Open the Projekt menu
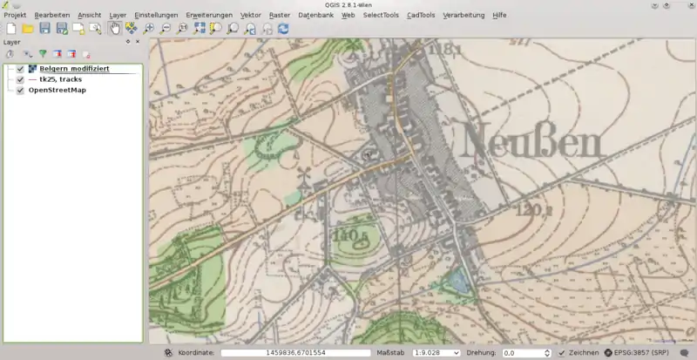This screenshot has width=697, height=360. tap(15, 16)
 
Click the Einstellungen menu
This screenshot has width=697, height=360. tap(156, 16)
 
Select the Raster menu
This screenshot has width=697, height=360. tap(280, 16)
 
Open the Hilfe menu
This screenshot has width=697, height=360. tap(499, 16)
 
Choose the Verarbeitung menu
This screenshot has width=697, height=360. tap(464, 16)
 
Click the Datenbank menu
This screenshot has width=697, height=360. tap(315, 16)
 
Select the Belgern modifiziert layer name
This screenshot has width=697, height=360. tap(74, 69)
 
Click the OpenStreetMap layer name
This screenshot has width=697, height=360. tap(58, 90)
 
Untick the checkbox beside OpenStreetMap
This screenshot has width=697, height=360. tap(20, 90)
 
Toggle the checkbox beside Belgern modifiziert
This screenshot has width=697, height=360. tap(20, 69)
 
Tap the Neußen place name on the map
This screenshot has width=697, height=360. tap(535, 139)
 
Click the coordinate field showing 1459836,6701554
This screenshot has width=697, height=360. tap(295, 353)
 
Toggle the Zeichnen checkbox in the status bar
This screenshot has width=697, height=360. tap(562, 353)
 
